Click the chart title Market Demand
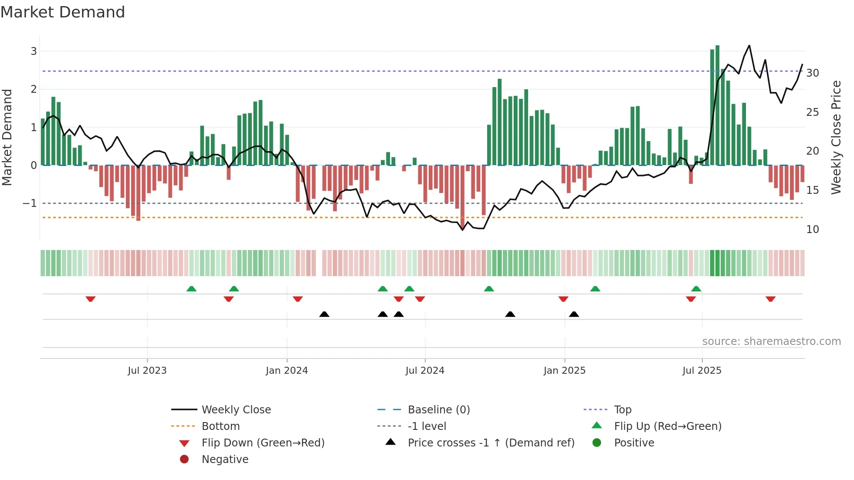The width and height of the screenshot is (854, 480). (x=63, y=12)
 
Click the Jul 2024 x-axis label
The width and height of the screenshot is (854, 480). (x=425, y=371)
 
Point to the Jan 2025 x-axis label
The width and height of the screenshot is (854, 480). (x=564, y=371)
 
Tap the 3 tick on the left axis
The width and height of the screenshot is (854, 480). (x=34, y=51)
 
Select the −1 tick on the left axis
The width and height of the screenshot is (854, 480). (x=30, y=203)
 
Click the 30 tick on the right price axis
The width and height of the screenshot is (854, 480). (x=813, y=73)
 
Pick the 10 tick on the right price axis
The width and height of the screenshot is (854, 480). (x=813, y=230)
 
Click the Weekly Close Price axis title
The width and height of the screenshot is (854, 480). (x=836, y=137)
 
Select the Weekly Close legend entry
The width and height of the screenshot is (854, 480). (x=236, y=410)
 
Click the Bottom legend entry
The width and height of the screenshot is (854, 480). (x=220, y=426)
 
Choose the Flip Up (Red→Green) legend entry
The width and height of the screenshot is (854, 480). (x=668, y=426)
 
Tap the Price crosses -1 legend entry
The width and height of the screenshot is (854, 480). (x=491, y=443)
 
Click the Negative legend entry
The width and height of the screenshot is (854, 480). (x=225, y=460)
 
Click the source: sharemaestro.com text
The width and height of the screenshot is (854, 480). (x=771, y=341)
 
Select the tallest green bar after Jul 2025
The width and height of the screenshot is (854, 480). (x=717, y=105)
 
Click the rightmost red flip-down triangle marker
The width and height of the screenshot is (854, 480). (x=770, y=299)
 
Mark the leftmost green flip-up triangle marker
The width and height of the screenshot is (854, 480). (x=191, y=289)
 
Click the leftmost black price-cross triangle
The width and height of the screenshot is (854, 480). (x=324, y=314)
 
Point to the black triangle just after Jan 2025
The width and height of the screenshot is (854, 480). (x=574, y=314)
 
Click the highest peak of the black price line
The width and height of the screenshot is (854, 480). (x=749, y=45)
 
